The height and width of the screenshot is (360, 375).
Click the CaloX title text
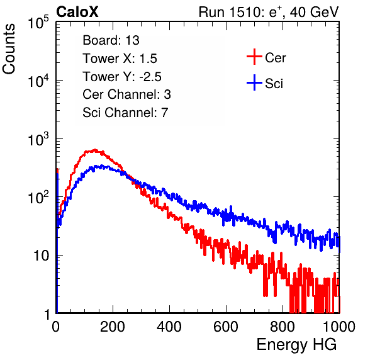(x=77, y=12)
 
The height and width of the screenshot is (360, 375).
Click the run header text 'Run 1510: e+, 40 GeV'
(x=269, y=12)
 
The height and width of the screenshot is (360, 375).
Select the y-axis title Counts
(x=9, y=49)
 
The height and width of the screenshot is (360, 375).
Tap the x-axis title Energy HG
(x=296, y=345)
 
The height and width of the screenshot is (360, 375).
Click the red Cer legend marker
(x=254, y=57)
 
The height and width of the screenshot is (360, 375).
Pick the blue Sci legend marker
(x=254, y=82)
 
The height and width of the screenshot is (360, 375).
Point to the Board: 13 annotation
(x=111, y=40)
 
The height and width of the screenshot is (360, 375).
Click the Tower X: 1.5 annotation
(x=120, y=59)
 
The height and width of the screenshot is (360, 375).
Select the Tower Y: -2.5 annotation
(x=122, y=77)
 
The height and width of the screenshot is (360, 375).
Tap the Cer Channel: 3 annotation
(x=126, y=94)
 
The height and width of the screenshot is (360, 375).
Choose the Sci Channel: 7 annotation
(x=125, y=113)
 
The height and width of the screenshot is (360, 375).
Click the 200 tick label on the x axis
(x=113, y=327)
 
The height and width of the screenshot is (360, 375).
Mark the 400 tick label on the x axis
(x=169, y=327)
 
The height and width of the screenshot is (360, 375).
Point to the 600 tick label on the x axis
(x=226, y=327)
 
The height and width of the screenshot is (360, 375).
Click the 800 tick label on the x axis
(x=283, y=327)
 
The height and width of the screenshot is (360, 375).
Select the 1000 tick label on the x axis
(x=339, y=327)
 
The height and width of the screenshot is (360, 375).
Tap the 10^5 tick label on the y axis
(x=38, y=22)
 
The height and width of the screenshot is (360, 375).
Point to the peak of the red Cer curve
(x=95, y=150)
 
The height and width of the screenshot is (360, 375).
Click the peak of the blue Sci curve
(x=102, y=166)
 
